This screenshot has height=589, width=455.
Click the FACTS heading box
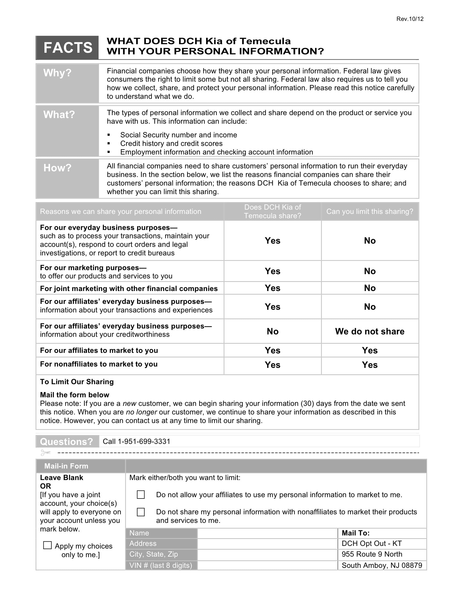pyautogui.click(x=67, y=47)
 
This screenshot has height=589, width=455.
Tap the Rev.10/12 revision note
pyautogui.click(x=410, y=19)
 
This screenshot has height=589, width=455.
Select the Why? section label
pyautogui.click(x=58, y=73)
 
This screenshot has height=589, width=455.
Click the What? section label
pyautogui.click(x=59, y=115)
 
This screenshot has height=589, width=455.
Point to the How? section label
pyautogui.click(x=58, y=168)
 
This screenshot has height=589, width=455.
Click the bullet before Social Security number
pyautogui.click(x=109, y=135)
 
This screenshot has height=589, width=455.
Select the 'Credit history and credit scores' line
pyautogui.click(x=171, y=144)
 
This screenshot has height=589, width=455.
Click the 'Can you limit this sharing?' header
pyautogui.click(x=370, y=212)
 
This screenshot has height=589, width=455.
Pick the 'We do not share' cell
pyautogui.click(x=370, y=331)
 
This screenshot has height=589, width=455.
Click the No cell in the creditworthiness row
pyautogui.click(x=272, y=331)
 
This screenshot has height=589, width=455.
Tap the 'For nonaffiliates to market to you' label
pyautogui.click(x=99, y=364)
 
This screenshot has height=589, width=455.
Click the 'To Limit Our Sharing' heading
pyautogui.click(x=77, y=382)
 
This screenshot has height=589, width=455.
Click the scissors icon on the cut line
pyautogui.click(x=45, y=452)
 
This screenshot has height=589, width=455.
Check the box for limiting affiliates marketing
pyautogui.click(x=141, y=494)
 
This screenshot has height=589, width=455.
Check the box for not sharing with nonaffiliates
pyautogui.click(x=141, y=512)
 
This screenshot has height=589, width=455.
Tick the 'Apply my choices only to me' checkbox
pyautogui.click(x=47, y=545)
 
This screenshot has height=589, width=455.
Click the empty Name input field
pyautogui.click(x=267, y=533)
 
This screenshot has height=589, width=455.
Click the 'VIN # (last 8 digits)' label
pyautogui.click(x=161, y=565)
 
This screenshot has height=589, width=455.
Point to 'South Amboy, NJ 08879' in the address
pyautogui.click(x=382, y=565)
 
